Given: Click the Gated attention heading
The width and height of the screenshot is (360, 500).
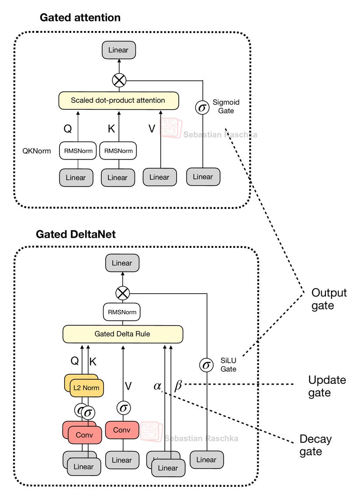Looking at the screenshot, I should pyautogui.click(x=80, y=17).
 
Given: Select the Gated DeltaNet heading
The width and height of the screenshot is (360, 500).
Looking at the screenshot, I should pyautogui.click(x=76, y=234).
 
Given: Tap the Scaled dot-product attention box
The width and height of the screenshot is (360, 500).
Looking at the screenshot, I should pyautogui.click(x=118, y=101).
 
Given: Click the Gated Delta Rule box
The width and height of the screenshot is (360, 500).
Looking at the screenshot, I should pyautogui.click(x=122, y=334).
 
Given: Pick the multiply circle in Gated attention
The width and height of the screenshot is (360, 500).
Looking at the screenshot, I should pyautogui.click(x=119, y=80).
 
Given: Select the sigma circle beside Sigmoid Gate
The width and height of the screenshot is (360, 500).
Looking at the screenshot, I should pyautogui.click(x=202, y=107).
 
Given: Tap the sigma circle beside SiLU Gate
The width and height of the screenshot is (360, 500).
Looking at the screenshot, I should pyautogui.click(x=206, y=365).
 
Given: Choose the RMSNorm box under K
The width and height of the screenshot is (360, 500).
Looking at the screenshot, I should pyautogui.click(x=118, y=151).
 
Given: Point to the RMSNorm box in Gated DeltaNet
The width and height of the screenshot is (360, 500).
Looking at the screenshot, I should pyautogui.click(x=122, y=312).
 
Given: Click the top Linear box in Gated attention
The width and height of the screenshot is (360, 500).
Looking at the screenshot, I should pyautogui.click(x=118, y=50).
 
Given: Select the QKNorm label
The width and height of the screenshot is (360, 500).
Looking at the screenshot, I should pyautogui.click(x=37, y=151).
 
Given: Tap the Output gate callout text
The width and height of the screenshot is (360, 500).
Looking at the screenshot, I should pyautogui.click(x=329, y=299).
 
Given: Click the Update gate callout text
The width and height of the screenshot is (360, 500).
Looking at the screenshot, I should pyautogui.click(x=327, y=386).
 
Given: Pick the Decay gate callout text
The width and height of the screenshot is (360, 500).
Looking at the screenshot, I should pyautogui.click(x=315, y=445).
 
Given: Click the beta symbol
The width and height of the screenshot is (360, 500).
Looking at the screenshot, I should pyautogui.click(x=178, y=386).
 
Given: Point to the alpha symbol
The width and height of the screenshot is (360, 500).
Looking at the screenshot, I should pyautogui.click(x=157, y=386).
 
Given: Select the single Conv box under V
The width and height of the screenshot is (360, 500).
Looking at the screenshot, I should pyautogui.click(x=122, y=430).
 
